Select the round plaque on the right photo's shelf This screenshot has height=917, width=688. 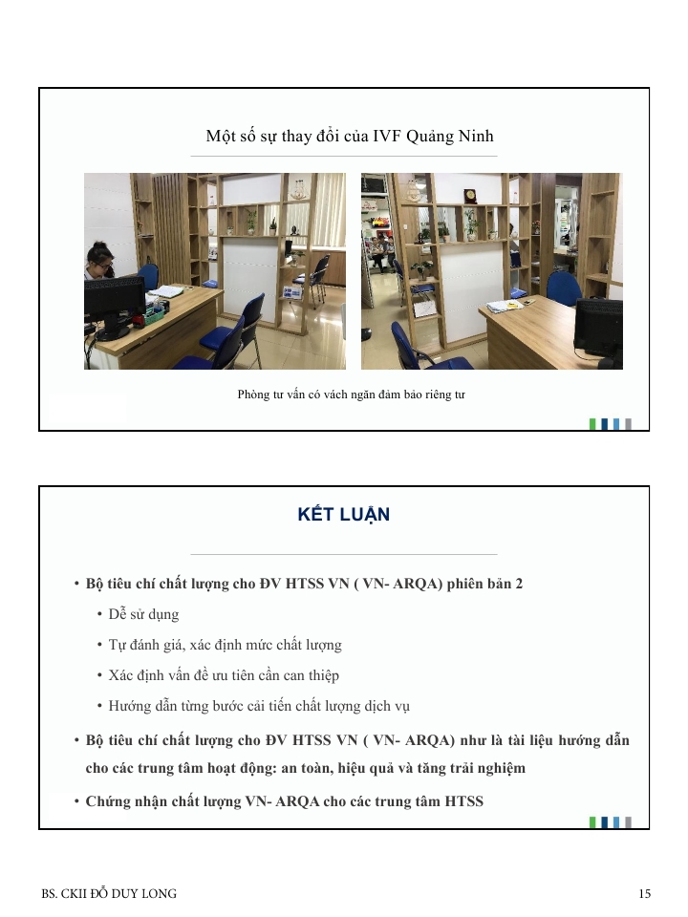(x=469, y=195)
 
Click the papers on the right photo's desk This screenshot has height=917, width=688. (x=503, y=305)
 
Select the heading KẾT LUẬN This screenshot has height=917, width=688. (x=343, y=514)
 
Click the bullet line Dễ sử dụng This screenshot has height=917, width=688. (x=143, y=614)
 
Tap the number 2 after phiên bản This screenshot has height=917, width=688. (x=519, y=584)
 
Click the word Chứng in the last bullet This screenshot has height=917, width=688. (x=105, y=801)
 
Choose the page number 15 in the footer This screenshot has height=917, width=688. (x=644, y=894)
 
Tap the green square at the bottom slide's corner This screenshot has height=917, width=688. (x=592, y=822)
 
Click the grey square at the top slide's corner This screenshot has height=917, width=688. (x=629, y=424)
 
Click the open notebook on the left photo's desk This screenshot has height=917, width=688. (x=168, y=291)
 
